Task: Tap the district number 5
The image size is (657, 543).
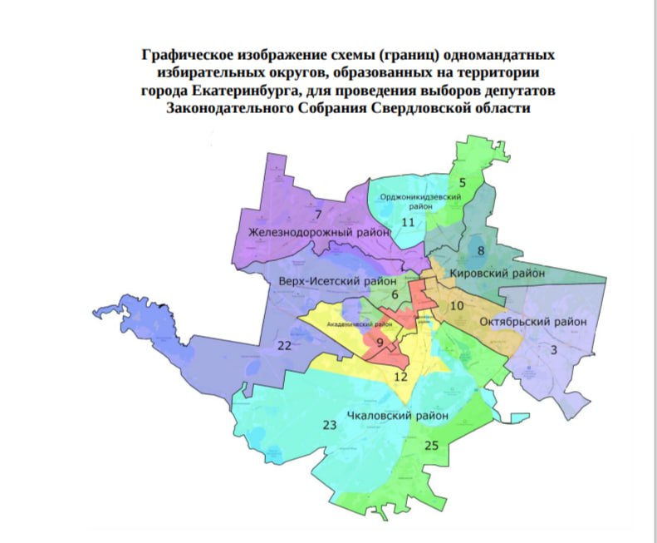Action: click(x=463, y=181)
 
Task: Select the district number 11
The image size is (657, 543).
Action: click(x=407, y=222)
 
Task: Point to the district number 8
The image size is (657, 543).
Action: click(x=480, y=250)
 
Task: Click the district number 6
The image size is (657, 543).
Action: click(x=395, y=294)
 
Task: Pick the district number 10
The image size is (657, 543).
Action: click(x=457, y=306)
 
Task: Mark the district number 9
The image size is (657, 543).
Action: click(x=380, y=343)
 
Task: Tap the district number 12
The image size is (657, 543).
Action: click(x=401, y=377)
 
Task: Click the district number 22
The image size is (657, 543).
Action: click(x=284, y=345)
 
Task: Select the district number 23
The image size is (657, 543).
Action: click(x=329, y=425)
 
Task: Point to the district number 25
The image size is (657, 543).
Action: click(x=430, y=446)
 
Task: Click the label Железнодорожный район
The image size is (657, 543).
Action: click(x=319, y=232)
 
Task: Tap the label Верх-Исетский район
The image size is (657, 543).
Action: click(x=336, y=281)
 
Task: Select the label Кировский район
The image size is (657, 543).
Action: click(x=497, y=273)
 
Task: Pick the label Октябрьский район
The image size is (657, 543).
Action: click(x=534, y=321)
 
